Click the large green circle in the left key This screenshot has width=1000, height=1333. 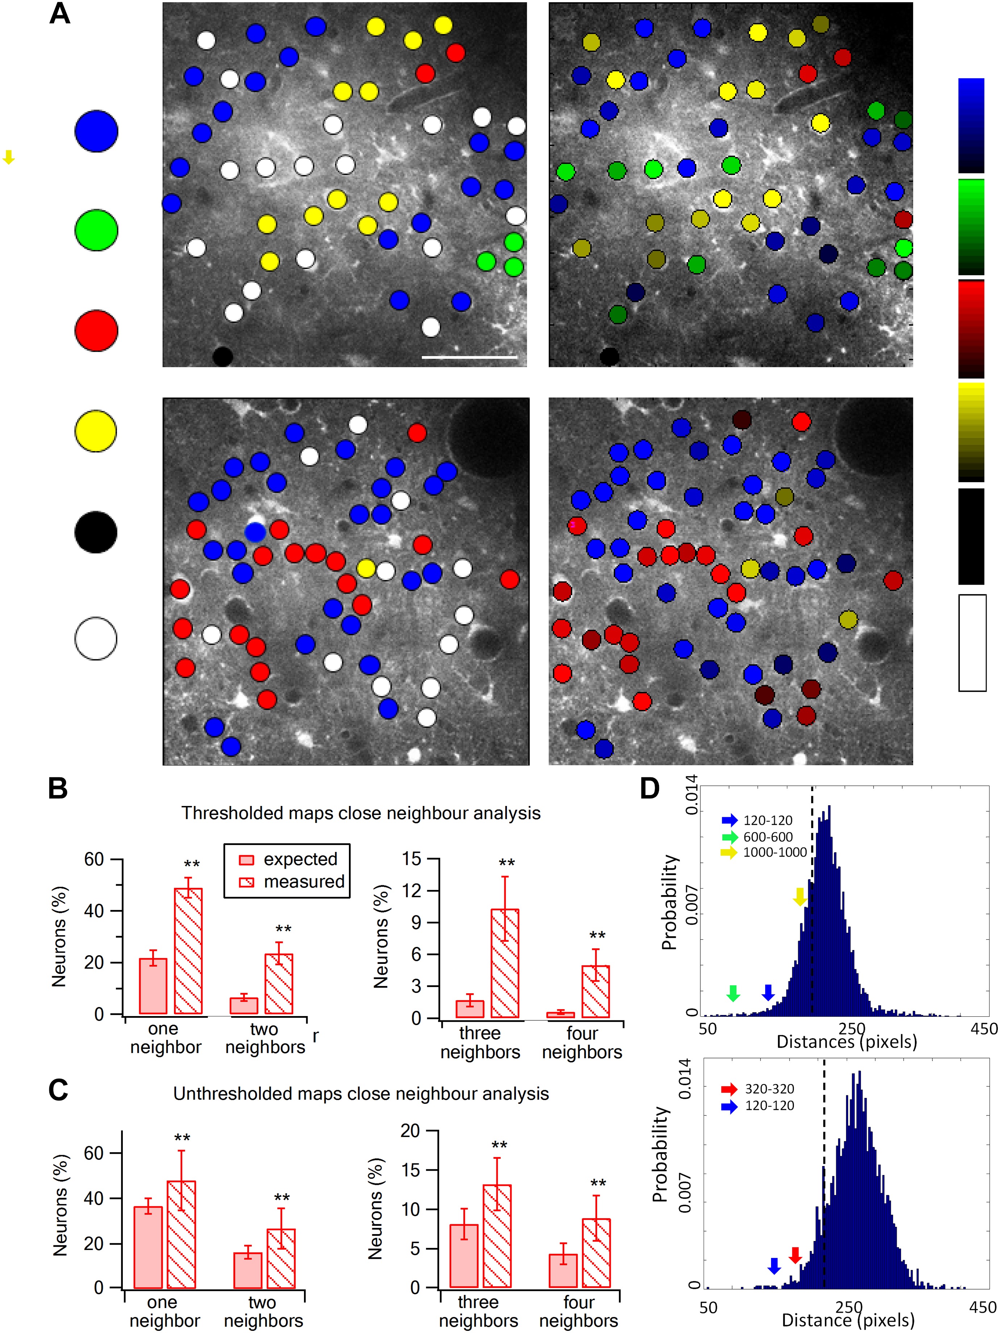(x=96, y=230)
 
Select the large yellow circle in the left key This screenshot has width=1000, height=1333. (x=96, y=431)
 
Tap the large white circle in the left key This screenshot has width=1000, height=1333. (x=96, y=638)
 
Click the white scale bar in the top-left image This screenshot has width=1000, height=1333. (x=470, y=358)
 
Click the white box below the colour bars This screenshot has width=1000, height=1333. (x=972, y=642)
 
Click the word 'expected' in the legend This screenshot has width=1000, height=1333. (x=300, y=859)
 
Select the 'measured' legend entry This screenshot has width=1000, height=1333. (x=304, y=882)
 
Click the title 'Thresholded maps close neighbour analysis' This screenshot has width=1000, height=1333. (x=361, y=813)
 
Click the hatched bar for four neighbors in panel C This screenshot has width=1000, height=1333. (x=596, y=1253)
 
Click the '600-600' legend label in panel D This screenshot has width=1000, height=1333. (x=768, y=836)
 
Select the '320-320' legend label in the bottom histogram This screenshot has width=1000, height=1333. (x=769, y=1089)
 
